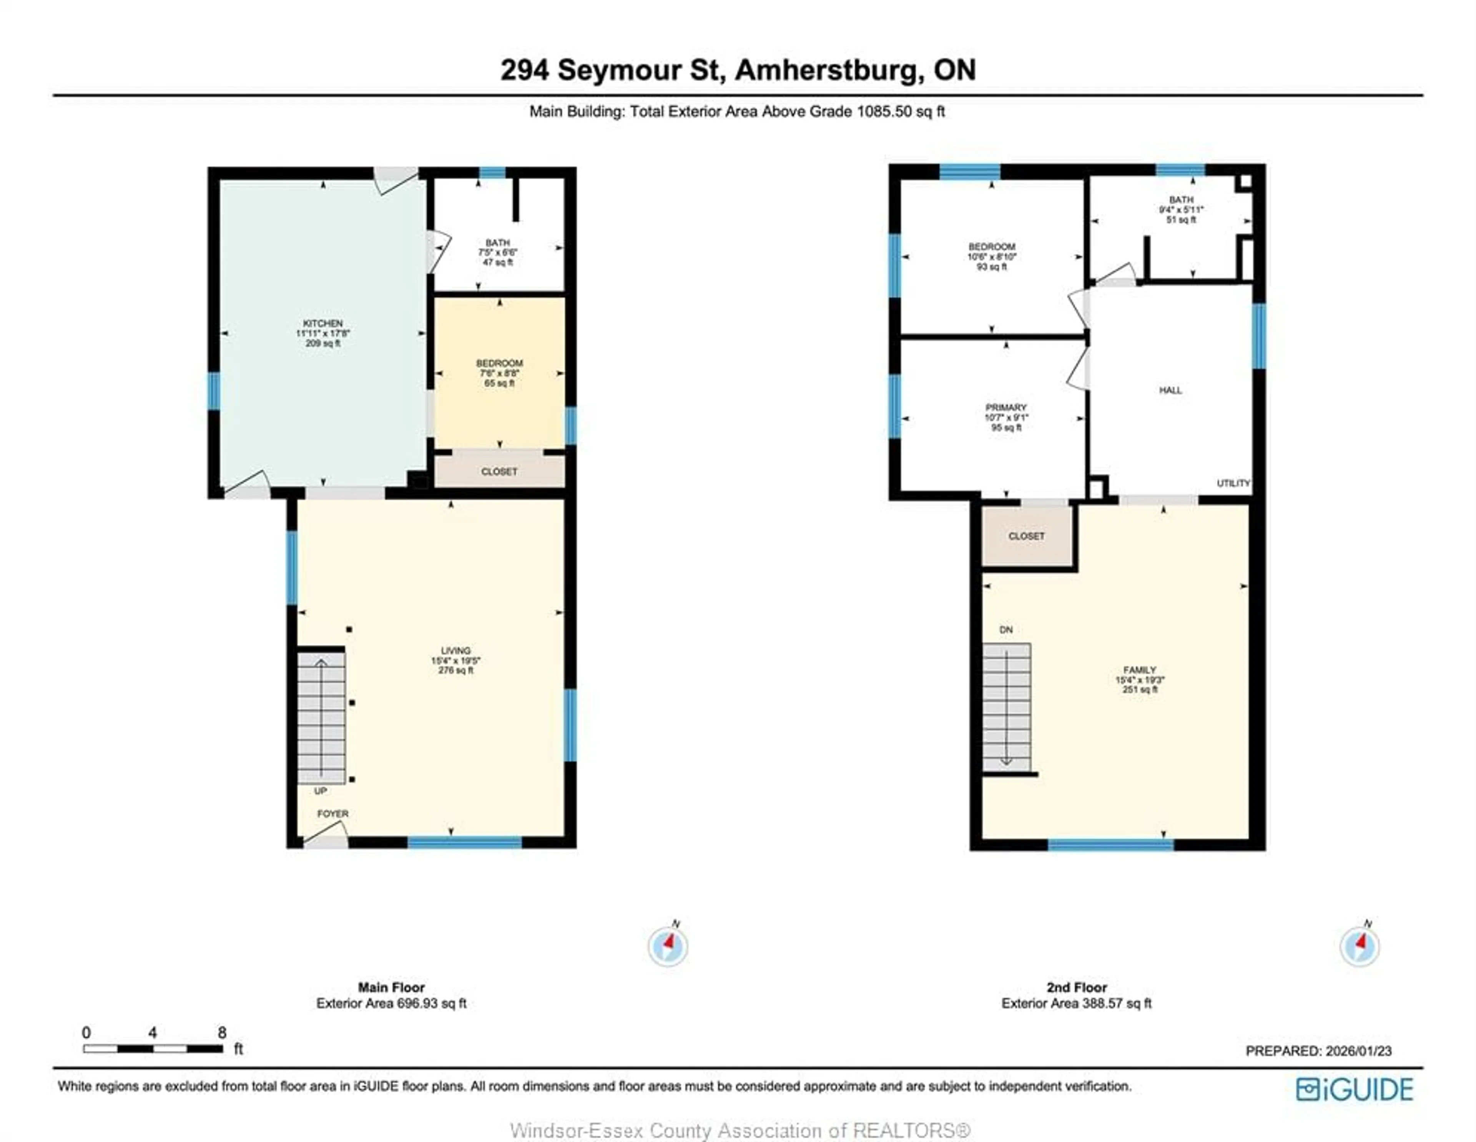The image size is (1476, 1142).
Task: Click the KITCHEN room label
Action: coord(322,324)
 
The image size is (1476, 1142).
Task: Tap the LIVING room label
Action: coord(455,651)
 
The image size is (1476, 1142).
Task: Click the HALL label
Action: coord(1170,390)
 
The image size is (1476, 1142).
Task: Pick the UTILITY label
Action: coord(1233,483)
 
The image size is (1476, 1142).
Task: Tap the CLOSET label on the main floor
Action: coord(499,471)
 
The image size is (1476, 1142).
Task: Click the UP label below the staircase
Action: coord(320,791)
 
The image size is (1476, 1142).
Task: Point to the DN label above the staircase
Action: coord(1006,629)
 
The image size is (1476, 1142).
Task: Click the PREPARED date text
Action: coord(1318,1051)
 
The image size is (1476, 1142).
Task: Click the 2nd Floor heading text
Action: coord(1077,987)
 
